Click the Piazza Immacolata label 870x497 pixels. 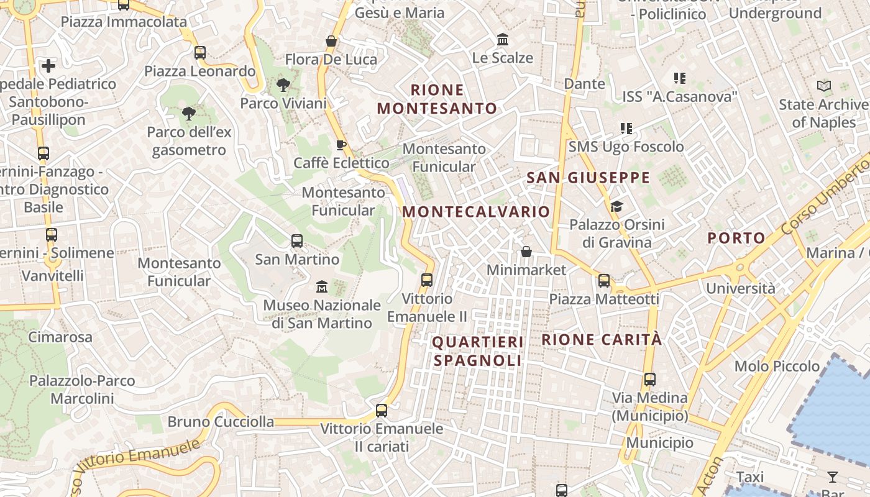[x=124, y=22]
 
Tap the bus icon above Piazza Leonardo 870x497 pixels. [x=199, y=53]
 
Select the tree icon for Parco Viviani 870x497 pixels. [x=283, y=84]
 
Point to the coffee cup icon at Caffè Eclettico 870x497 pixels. [x=341, y=145]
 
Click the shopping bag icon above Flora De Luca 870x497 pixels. [x=331, y=42]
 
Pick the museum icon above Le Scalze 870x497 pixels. [x=503, y=40]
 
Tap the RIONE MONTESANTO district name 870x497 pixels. [x=437, y=99]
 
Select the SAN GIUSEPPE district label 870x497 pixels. [x=588, y=178]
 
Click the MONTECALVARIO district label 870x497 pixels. [x=476, y=212]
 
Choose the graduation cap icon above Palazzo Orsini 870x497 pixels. [x=616, y=206]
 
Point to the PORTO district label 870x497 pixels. [x=736, y=238]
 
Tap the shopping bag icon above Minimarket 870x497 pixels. [x=526, y=252]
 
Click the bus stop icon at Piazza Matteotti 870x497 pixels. [x=603, y=281]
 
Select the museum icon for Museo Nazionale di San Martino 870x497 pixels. [x=321, y=287]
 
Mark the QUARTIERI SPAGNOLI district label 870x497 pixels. [x=478, y=351]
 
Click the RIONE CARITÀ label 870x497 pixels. [x=602, y=340]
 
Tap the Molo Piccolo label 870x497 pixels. [x=777, y=366]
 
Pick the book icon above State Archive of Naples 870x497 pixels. [x=824, y=86]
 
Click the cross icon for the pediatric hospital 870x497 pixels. [x=48, y=65]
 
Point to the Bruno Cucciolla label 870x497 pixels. [x=221, y=422]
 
